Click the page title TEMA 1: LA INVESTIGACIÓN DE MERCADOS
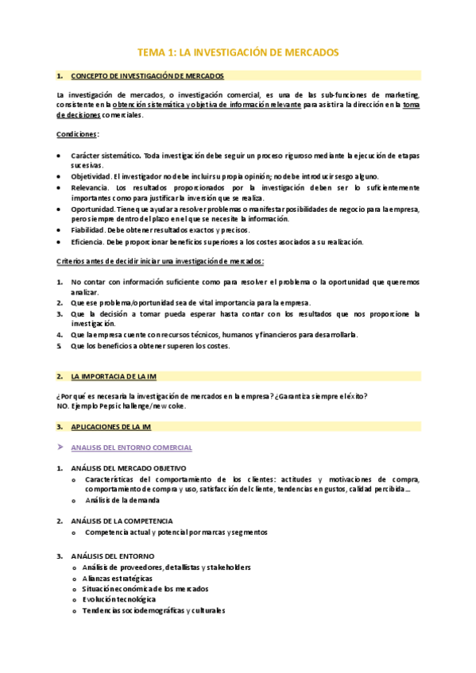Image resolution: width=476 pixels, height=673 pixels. click(x=238, y=52)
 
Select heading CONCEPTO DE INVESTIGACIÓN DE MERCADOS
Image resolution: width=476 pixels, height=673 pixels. click(x=147, y=76)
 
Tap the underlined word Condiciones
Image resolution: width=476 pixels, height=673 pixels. click(x=77, y=135)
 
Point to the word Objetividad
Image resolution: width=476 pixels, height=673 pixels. click(x=91, y=176)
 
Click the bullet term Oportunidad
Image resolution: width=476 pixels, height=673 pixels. click(x=92, y=210)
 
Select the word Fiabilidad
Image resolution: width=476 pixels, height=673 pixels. click(x=87, y=230)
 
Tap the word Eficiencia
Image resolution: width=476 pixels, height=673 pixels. click(x=87, y=241)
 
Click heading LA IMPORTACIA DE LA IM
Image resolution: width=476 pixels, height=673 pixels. click(x=114, y=375)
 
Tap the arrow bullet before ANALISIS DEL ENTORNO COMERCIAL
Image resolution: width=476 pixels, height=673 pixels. click(x=60, y=448)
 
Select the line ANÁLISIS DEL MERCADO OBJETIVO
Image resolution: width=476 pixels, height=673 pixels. click(x=128, y=468)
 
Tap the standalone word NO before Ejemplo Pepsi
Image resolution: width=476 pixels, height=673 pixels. click(x=63, y=406)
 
